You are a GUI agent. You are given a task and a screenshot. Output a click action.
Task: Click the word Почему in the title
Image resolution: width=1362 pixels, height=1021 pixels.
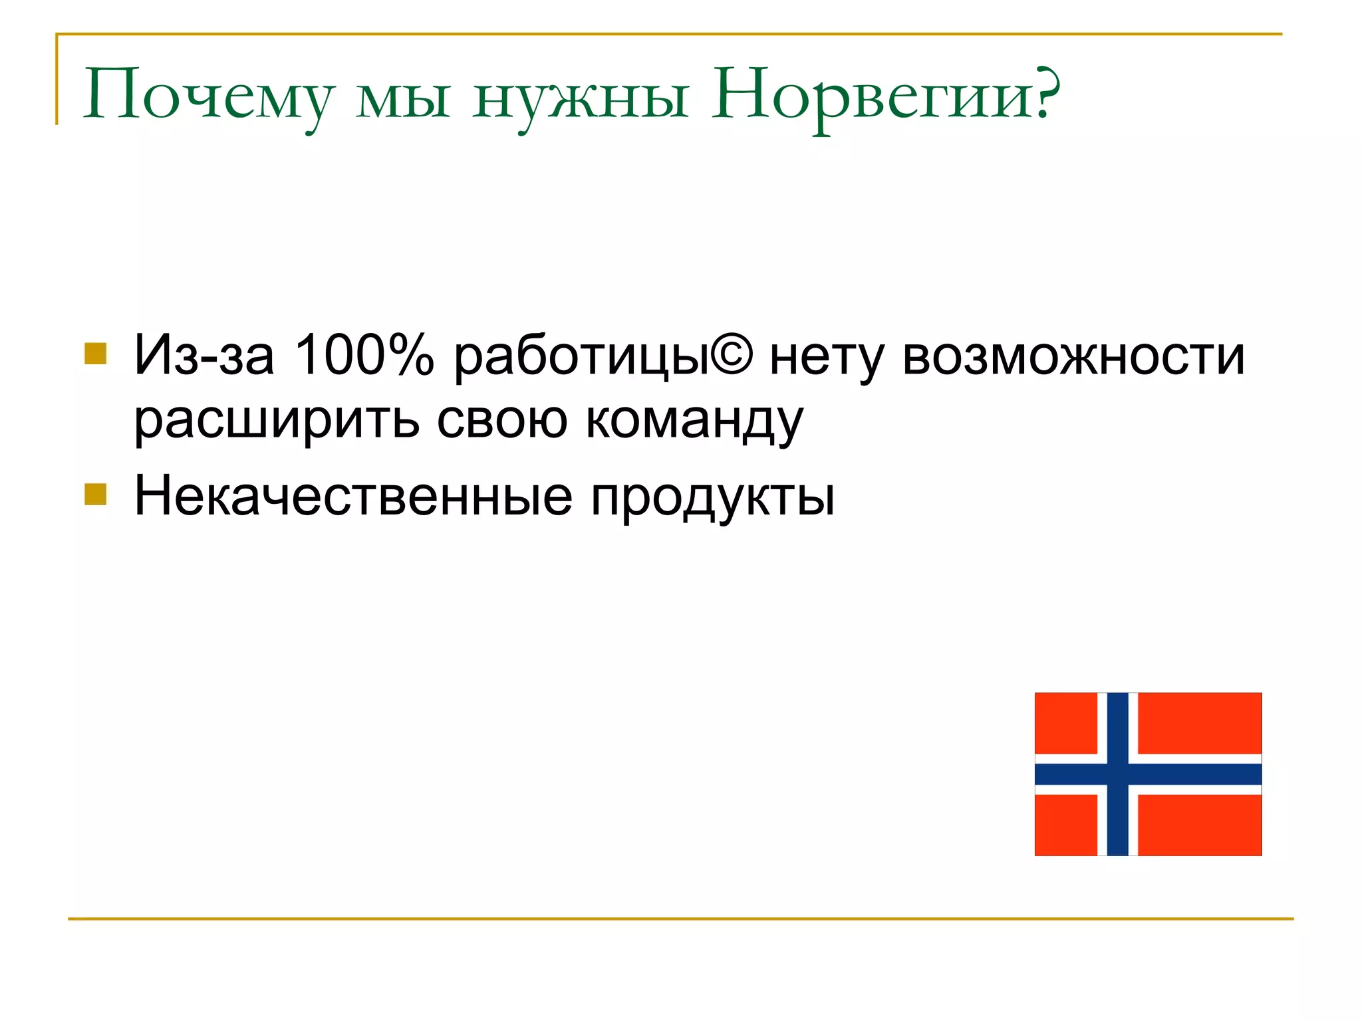pyautogui.click(x=207, y=95)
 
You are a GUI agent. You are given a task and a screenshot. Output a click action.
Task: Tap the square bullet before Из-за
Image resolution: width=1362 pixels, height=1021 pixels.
pyautogui.click(x=96, y=354)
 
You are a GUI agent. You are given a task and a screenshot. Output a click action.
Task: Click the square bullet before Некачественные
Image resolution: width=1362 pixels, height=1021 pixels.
pyautogui.click(x=96, y=495)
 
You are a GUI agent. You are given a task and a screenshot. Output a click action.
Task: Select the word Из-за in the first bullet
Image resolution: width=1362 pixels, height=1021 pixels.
pyautogui.click(x=204, y=355)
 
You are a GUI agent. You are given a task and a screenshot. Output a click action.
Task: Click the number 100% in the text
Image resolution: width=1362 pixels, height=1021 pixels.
pyautogui.click(x=364, y=355)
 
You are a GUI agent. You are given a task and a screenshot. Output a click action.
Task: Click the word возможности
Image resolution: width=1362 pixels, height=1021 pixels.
pyautogui.click(x=1073, y=356)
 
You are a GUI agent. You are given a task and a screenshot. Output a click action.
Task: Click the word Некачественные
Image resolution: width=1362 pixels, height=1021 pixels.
pyautogui.click(x=353, y=496)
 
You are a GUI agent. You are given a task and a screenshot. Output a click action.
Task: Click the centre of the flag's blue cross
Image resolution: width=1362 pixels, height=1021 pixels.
pyautogui.click(x=1117, y=774)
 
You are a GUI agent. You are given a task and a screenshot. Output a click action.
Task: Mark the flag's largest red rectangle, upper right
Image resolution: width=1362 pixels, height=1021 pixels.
pyautogui.click(x=1199, y=723)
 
